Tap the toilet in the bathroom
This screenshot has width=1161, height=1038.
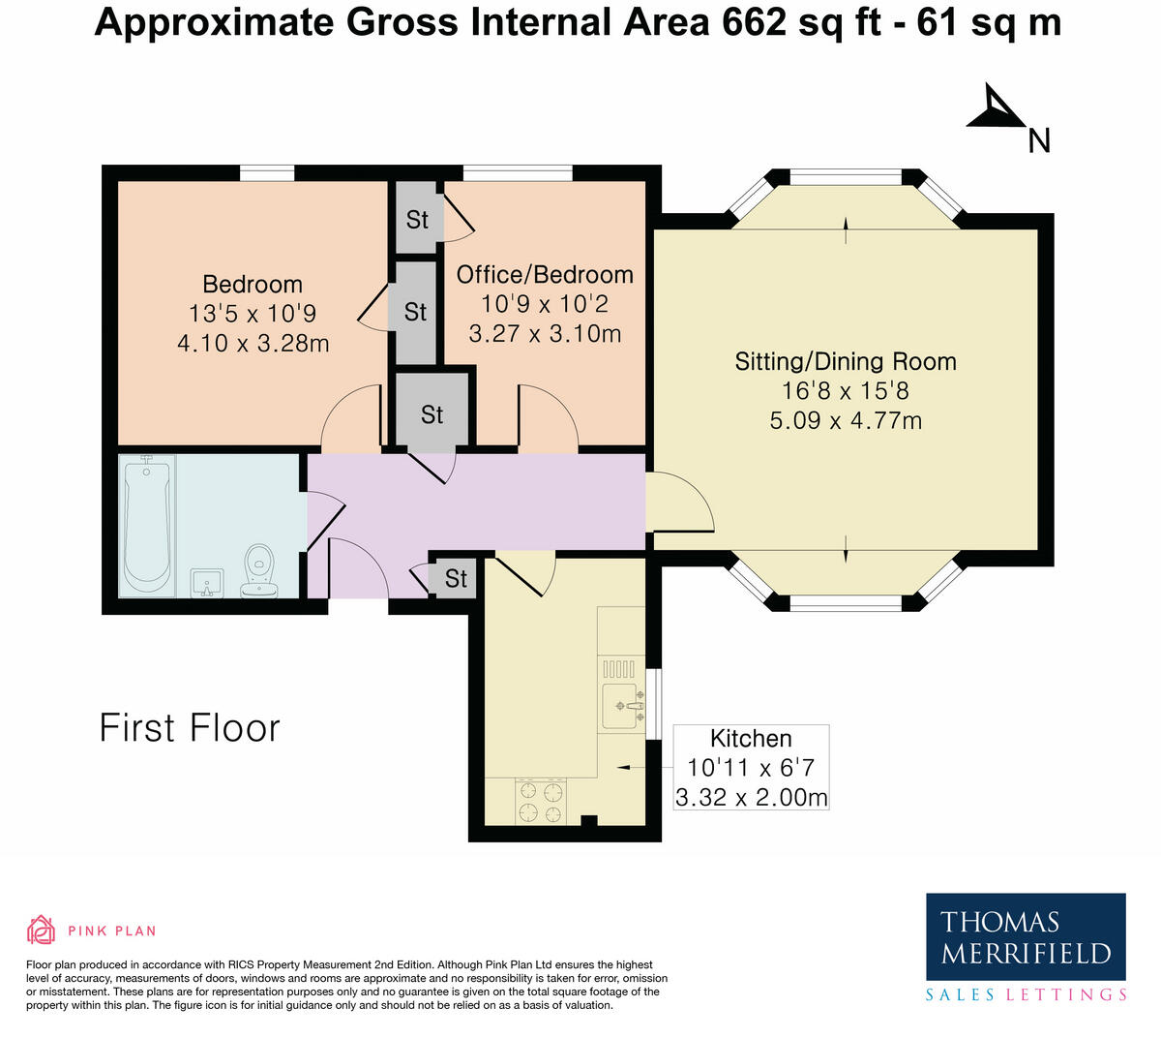(259, 570)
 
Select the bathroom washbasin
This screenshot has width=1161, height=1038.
(207, 582)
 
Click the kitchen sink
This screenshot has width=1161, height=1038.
(621, 705)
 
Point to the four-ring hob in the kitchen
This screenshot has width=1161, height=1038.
(541, 802)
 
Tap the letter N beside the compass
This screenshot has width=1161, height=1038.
(1039, 141)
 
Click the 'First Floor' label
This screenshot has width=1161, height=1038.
(190, 728)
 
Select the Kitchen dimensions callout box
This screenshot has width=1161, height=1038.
(751, 768)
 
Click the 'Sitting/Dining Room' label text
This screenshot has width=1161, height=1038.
(846, 362)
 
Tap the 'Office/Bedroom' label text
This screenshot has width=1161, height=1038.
(545, 275)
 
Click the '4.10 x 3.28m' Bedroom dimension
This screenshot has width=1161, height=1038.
(253, 343)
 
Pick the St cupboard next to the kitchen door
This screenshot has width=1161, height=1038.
(455, 578)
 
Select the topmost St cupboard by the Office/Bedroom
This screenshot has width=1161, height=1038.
(416, 220)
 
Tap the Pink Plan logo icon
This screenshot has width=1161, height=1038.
(41, 931)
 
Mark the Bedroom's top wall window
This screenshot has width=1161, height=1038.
(267, 173)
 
